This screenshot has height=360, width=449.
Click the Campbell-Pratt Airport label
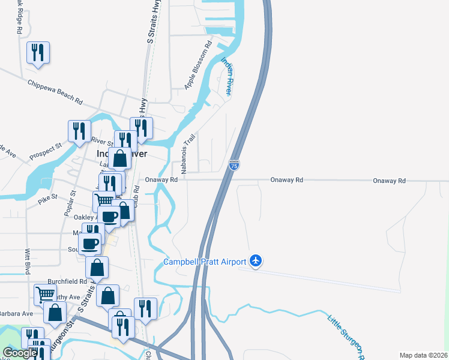click(205, 262)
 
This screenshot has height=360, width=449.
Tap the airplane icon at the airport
click(256, 260)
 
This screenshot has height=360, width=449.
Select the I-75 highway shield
click(234, 164)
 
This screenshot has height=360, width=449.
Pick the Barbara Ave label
click(16, 313)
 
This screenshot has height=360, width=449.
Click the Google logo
click(20, 353)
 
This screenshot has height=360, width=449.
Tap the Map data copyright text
click(423, 355)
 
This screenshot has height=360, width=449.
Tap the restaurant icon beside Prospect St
click(79, 130)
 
